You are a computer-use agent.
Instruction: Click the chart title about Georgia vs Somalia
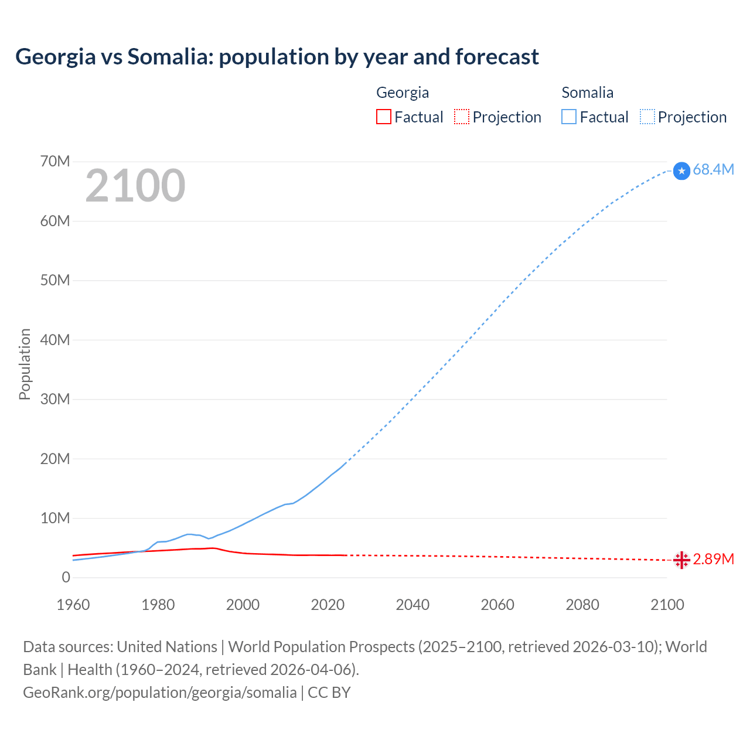[x=277, y=57]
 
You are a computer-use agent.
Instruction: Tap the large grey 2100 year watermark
[x=135, y=186]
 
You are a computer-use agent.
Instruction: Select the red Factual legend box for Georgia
[x=383, y=117]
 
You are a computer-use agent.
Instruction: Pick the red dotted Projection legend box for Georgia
[x=462, y=117]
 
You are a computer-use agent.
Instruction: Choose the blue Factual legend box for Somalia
[x=568, y=117]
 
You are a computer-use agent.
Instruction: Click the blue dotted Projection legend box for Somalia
[x=647, y=117]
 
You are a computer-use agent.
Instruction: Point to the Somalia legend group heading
[x=587, y=93]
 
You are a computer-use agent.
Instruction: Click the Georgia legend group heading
[x=402, y=93]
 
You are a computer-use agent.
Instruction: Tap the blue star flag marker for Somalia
[x=681, y=171]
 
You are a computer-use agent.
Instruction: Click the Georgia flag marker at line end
[x=681, y=560]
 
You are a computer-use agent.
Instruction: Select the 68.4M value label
[x=713, y=170]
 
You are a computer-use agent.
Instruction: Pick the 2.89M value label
[x=713, y=560]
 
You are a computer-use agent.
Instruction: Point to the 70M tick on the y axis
[x=55, y=161]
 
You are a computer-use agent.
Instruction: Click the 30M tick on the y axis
[x=55, y=399]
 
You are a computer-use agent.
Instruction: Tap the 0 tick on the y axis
[x=66, y=578]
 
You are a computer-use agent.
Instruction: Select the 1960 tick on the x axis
[x=73, y=605]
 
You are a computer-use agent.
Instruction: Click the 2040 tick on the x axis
[x=412, y=605]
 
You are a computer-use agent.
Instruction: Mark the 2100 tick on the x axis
[x=667, y=605]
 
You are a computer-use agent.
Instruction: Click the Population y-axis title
[x=25, y=364]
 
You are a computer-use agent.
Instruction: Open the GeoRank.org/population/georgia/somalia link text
[x=160, y=693]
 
